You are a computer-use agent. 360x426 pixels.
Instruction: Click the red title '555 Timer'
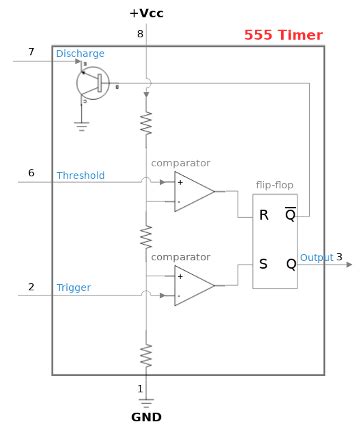coord(283,35)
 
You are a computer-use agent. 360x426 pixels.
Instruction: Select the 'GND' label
coord(145,416)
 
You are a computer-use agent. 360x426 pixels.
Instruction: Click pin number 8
coord(140,35)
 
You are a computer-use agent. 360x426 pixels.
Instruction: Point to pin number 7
coord(31,51)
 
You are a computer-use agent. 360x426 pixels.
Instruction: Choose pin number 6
coord(31,173)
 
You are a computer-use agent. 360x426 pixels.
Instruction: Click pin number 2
coord(31,287)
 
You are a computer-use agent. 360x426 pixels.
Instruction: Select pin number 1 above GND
coord(140,388)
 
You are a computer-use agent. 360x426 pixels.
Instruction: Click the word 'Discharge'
coord(80,54)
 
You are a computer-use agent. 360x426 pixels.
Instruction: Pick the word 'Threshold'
coord(80,175)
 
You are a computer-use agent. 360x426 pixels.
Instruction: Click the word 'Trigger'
coord(73,288)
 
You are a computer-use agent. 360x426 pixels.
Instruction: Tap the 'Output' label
coord(317,258)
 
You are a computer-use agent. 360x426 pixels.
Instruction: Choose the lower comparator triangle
coord(193,286)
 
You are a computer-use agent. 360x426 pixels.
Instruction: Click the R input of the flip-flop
coord(263,215)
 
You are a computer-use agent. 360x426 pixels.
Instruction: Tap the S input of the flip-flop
coord(263,264)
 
